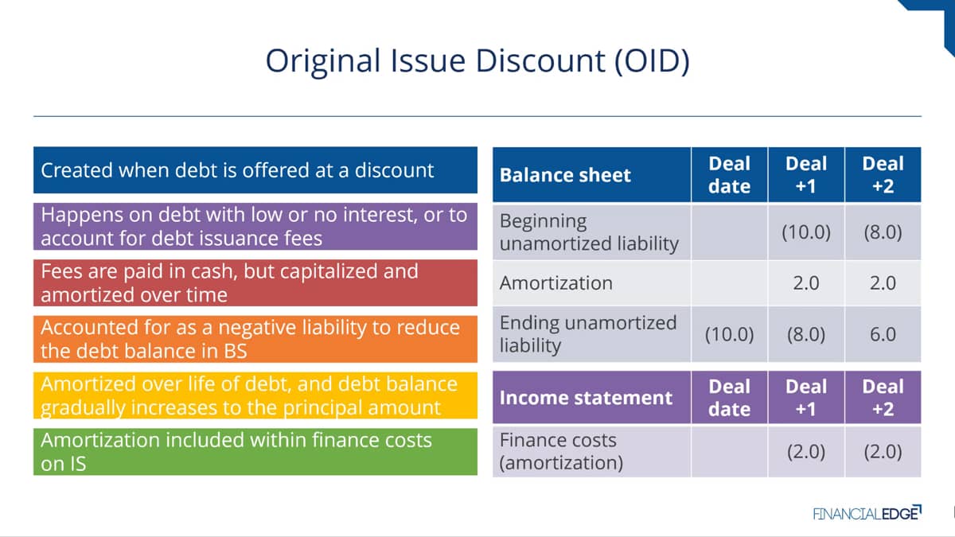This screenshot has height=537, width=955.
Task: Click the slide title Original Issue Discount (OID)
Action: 477,61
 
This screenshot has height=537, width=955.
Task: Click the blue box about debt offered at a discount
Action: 255,170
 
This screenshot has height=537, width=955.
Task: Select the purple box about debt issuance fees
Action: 255,226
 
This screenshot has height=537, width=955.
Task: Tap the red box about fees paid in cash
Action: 255,283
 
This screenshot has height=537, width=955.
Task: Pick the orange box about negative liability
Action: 255,339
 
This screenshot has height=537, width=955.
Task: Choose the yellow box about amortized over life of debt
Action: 255,395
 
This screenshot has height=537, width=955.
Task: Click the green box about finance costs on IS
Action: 255,452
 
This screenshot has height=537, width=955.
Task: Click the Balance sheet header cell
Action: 592,175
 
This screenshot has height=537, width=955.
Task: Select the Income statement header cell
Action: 592,397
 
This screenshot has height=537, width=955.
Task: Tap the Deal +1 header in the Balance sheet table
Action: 806,175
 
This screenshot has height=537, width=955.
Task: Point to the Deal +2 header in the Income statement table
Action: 883,397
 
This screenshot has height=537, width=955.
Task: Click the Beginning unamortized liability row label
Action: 589,232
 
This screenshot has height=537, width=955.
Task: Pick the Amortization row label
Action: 556,283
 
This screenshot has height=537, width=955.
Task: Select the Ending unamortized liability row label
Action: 588,334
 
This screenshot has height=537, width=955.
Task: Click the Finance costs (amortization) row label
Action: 561,451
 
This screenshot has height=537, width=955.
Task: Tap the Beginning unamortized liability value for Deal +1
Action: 806,232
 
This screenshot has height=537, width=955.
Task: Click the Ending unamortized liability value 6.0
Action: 883,334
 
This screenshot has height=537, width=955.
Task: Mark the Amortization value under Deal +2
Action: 883,283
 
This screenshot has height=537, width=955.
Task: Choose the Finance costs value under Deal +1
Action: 806,452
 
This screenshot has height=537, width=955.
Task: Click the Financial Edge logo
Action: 867,513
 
